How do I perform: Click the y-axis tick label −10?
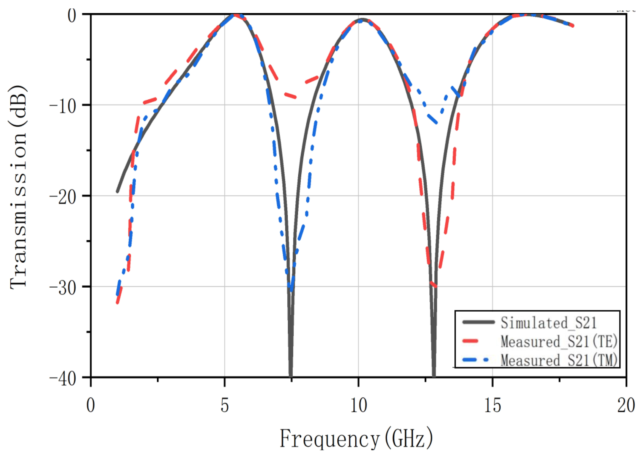[x=63, y=105]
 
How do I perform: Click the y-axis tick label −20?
[x=63, y=196]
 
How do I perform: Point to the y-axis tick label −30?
[x=63, y=287]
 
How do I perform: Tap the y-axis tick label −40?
[x=63, y=378]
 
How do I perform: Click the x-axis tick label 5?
[x=225, y=405]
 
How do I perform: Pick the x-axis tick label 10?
[x=359, y=405]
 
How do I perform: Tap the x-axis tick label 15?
[x=492, y=405]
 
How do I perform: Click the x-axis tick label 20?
[x=626, y=405]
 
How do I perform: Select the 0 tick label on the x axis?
[x=91, y=405]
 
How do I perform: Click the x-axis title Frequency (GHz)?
[x=356, y=438]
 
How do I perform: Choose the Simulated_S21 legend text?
[x=548, y=323]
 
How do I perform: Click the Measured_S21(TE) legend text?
[x=559, y=341]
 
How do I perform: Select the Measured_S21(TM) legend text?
[x=559, y=360]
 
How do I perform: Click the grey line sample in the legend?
[x=478, y=322]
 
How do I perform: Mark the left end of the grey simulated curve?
[x=117, y=192]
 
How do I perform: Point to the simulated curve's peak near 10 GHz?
[x=362, y=19]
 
